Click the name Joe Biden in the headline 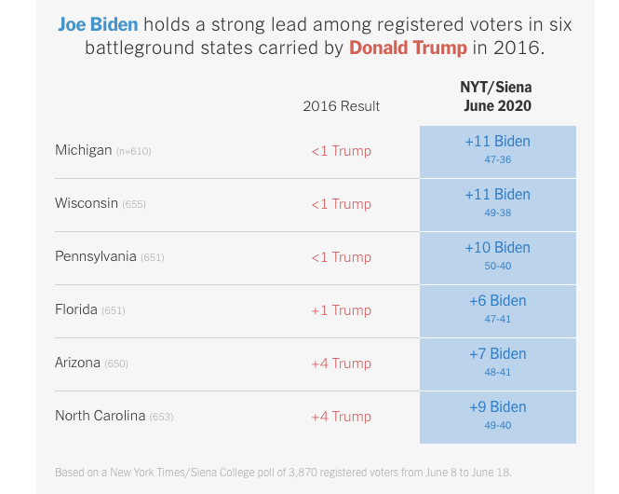tap(98, 23)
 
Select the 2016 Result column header tap(341, 106)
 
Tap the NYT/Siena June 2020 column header tap(497, 96)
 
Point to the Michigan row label tap(84, 150)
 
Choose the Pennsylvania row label tap(96, 256)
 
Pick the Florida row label tap(76, 309)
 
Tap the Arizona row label tap(78, 363)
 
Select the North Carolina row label tap(101, 416)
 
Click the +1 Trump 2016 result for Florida tap(341, 310)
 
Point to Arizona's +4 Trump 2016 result tap(341, 364)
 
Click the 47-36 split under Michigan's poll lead tap(498, 159)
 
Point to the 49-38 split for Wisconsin tap(498, 213)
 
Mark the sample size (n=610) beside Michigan tap(133, 151)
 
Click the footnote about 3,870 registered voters tap(283, 472)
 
